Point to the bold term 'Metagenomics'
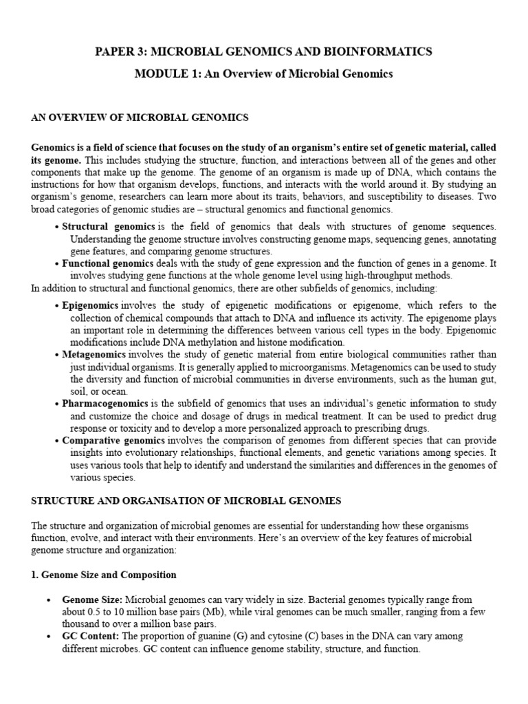(93, 354)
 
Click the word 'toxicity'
(124, 428)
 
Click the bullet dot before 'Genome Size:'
(49, 601)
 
